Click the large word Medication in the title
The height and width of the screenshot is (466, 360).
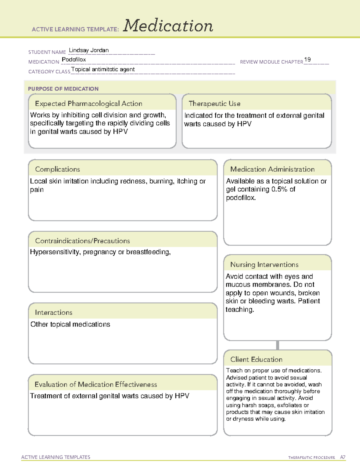[x=168, y=26]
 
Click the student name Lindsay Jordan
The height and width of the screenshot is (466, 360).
[x=89, y=50]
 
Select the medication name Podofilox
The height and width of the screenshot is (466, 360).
[x=74, y=59]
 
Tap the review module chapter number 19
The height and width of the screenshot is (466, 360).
[x=307, y=59]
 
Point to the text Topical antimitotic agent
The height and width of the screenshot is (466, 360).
[x=103, y=69]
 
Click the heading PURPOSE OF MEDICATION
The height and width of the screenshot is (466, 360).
[x=63, y=89]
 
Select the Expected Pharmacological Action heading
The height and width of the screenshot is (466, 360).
[x=88, y=104]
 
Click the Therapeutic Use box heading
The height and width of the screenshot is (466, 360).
[x=214, y=104]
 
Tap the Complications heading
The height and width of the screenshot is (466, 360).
[x=58, y=169]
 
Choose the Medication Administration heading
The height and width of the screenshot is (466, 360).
[x=272, y=169]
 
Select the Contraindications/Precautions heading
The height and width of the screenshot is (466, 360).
[x=82, y=241]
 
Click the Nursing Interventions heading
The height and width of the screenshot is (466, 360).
[x=264, y=265]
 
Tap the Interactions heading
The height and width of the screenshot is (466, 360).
[x=54, y=312]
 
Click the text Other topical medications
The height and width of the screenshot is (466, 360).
[x=70, y=324]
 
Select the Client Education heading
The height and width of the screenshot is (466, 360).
[x=256, y=359]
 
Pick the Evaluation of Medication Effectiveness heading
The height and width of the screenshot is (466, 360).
[x=96, y=384]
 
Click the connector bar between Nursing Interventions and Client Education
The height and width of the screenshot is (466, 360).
[x=277, y=345]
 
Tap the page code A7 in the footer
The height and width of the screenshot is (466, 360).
[x=343, y=457]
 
